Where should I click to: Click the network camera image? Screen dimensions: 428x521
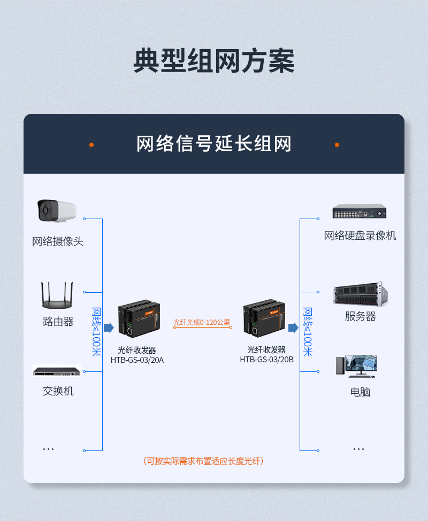pyautogui.click(x=57, y=211)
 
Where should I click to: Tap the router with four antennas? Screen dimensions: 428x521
pyautogui.click(x=57, y=295)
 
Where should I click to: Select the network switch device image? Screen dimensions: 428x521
pyautogui.click(x=57, y=371)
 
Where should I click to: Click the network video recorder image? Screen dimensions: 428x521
pyautogui.click(x=360, y=211)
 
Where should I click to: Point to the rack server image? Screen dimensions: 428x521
pyautogui.click(x=361, y=294)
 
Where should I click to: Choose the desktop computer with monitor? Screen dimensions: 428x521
pyautogui.click(x=356, y=366)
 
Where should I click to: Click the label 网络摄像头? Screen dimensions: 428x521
pyautogui.click(x=58, y=242)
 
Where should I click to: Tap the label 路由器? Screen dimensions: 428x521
pyautogui.click(x=58, y=322)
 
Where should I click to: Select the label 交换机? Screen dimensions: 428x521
pyautogui.click(x=58, y=391)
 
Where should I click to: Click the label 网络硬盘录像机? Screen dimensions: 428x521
pyautogui.click(x=360, y=236)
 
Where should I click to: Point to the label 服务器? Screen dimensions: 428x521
pyautogui.click(x=360, y=316)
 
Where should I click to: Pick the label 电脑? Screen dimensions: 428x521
pyautogui.click(x=360, y=392)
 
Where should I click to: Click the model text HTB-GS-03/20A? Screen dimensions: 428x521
pyautogui.click(x=137, y=360)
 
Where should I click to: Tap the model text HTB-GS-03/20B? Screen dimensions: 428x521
pyautogui.click(x=267, y=360)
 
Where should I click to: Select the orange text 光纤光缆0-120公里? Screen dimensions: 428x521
pyautogui.click(x=202, y=322)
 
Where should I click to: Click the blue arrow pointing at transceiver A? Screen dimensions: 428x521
pyautogui.click(x=109, y=328)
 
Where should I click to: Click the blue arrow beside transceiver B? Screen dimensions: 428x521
pyautogui.click(x=293, y=328)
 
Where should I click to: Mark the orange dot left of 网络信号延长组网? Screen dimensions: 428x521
pyautogui.click(x=91, y=145)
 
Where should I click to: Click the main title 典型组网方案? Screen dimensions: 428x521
pyautogui.click(x=214, y=60)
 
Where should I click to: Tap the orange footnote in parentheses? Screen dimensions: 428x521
pyautogui.click(x=203, y=461)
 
